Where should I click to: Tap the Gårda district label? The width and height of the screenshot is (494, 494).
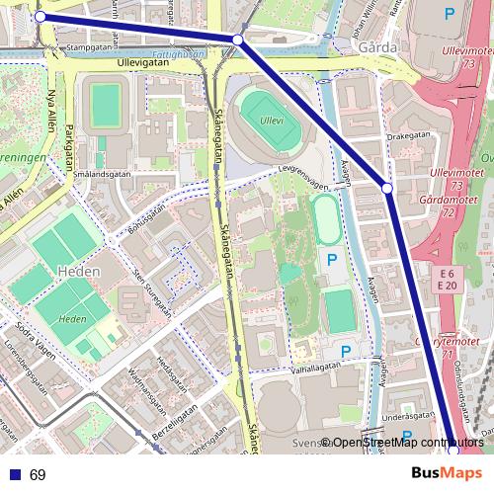(381, 46)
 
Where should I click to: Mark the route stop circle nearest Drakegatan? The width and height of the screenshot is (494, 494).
(387, 187)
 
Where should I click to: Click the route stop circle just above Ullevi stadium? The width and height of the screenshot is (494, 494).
(237, 40)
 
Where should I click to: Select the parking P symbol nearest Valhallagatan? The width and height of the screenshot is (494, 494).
(344, 351)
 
